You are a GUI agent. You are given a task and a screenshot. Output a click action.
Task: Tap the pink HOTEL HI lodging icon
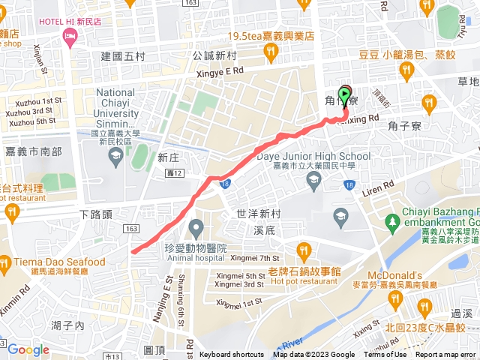coord(71,37)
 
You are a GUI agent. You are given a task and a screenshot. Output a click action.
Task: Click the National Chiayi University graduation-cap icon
coord(115,156)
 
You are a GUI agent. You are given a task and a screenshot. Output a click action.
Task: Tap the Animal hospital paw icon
coord(196,226)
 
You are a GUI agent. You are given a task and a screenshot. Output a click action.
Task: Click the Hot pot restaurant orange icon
coord(303,249)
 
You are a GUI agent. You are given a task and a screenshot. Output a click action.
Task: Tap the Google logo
coord(28,349)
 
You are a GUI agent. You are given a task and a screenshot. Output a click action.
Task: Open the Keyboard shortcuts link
coord(232,355)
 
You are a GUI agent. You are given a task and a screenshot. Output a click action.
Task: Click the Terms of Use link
coord(385,355)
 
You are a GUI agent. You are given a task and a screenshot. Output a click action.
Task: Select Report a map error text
coord(446,355)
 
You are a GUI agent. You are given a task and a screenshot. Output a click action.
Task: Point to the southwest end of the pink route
coord(133,252)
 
